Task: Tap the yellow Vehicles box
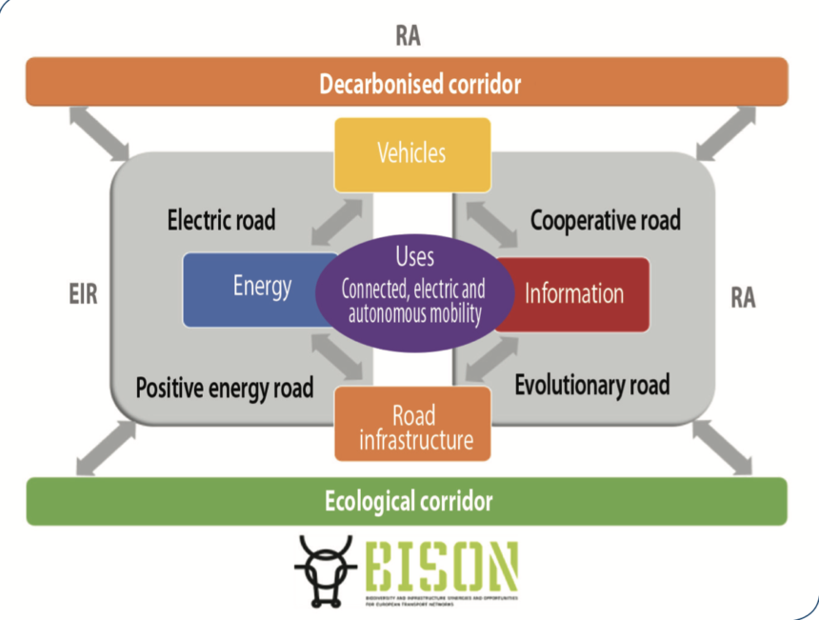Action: coord(411,152)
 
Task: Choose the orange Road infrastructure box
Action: coord(412,426)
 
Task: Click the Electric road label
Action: coord(221,221)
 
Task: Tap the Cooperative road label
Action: coord(605,221)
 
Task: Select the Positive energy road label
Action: coord(225,389)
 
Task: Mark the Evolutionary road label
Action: coord(591,385)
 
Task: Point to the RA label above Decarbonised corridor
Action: coord(408,36)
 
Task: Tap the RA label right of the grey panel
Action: coord(744,298)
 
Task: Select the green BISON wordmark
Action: coord(444,567)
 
